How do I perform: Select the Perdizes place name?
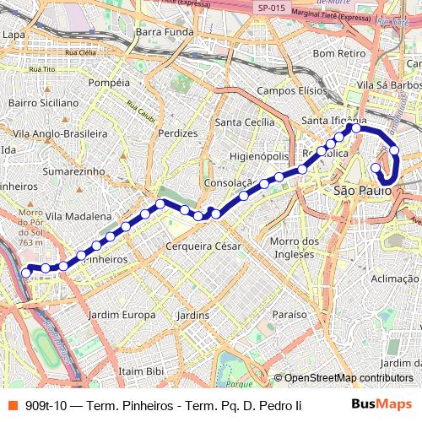(x=177, y=133)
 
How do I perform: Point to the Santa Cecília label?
(x=245, y=122)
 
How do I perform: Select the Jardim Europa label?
(x=123, y=315)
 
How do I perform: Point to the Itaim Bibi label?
(x=141, y=371)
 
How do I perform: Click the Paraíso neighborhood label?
(x=289, y=314)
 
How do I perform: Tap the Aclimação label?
(x=394, y=279)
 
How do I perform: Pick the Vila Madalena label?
(x=78, y=216)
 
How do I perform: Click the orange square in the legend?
(x=12, y=405)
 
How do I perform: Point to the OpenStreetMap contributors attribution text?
(x=349, y=377)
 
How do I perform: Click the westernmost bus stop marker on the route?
(x=26, y=272)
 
